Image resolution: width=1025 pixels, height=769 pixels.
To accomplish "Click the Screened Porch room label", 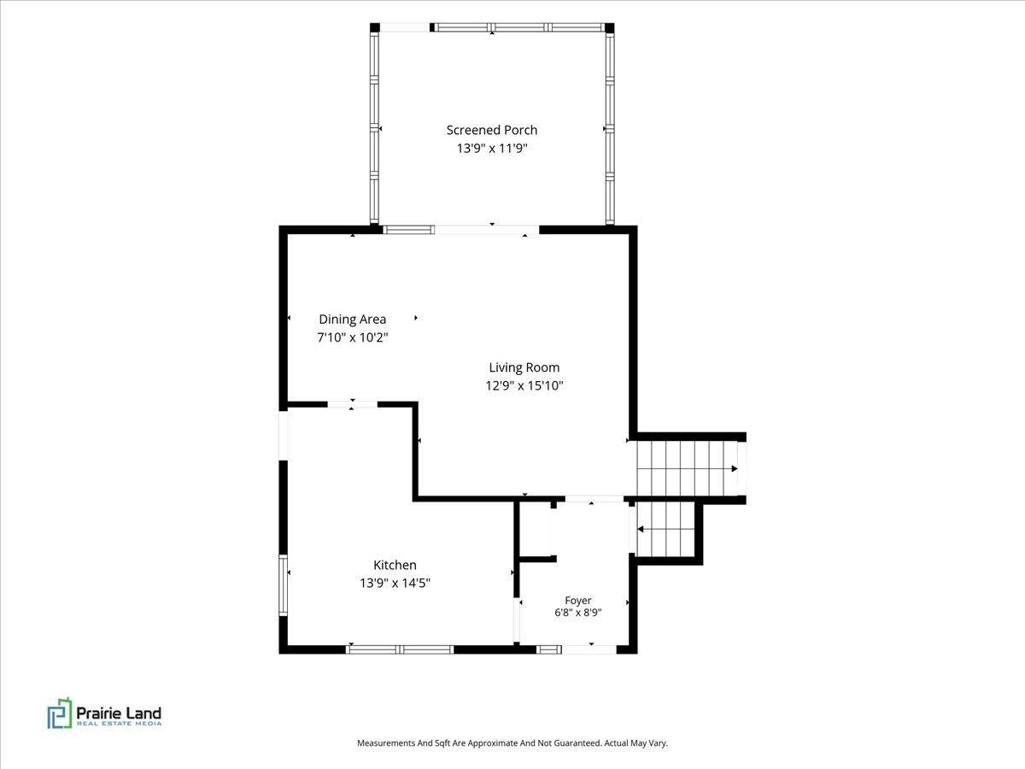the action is point(492,130).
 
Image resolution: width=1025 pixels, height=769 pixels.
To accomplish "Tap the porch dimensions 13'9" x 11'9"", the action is point(492,149).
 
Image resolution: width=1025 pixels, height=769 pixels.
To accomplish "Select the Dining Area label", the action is point(353,320).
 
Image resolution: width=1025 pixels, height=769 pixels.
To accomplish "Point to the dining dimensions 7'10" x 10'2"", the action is point(353,338).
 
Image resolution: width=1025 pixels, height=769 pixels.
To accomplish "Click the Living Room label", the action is point(524,367).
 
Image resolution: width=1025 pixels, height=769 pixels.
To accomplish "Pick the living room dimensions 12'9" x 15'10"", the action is point(524,385).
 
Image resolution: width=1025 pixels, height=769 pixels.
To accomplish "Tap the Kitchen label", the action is point(395,565).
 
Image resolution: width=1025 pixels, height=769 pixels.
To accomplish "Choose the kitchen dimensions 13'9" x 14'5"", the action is point(395,584).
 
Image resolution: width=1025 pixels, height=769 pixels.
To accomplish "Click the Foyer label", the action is point(578,601).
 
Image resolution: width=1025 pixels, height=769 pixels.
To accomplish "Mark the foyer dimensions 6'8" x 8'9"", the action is point(578,613).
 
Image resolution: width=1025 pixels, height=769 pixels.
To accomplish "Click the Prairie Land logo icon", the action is point(60,713).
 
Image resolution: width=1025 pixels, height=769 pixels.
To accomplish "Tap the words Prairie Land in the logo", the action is point(119,713).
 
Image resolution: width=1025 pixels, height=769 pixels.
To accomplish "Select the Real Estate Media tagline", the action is point(119,724).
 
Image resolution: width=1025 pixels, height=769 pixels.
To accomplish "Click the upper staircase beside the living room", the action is point(688,468).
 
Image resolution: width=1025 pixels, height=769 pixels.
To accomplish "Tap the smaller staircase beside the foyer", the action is point(665,529).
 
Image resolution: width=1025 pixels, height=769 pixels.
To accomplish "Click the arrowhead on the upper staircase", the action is point(735,468).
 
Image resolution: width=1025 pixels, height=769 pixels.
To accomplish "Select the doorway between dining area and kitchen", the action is point(352,404).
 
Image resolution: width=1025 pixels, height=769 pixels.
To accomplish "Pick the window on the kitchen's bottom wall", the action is point(400,649).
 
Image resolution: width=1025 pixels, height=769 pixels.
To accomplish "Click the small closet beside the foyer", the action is point(536,529).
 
